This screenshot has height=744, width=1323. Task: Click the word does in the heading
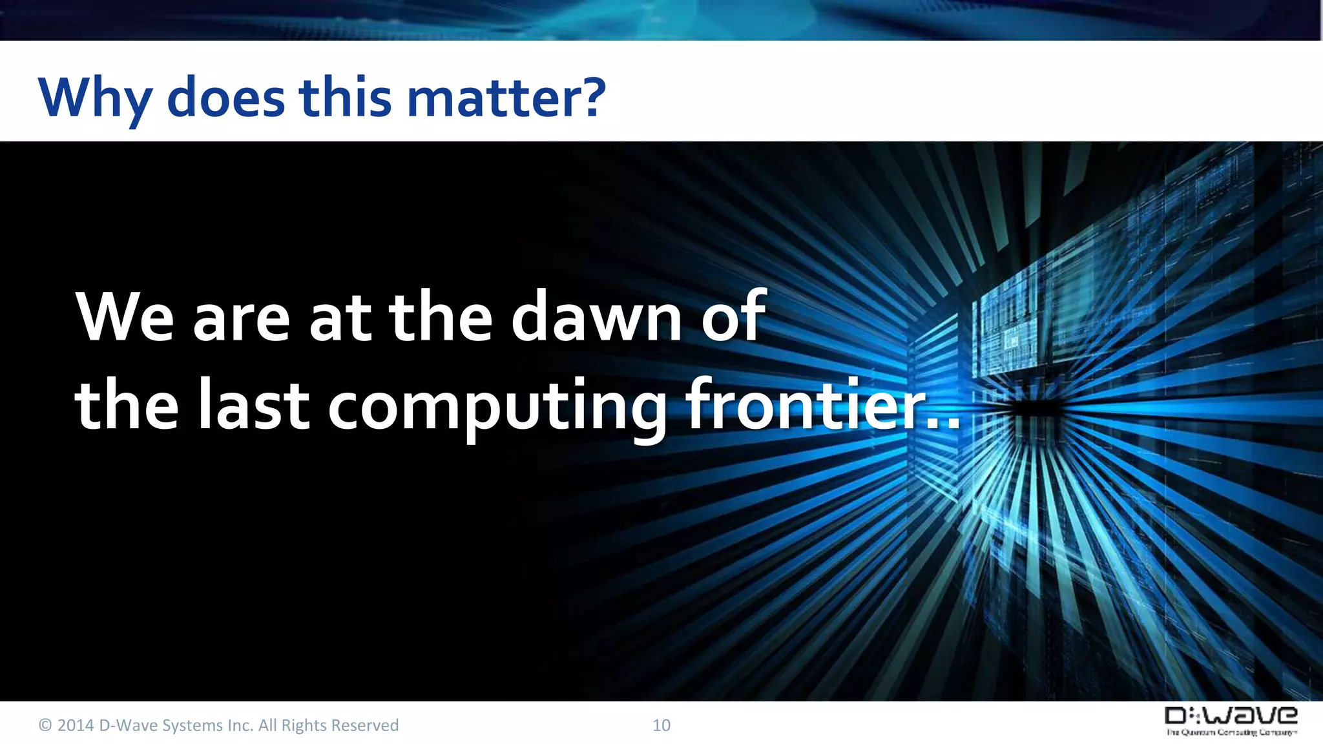(226, 98)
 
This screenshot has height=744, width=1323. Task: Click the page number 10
(661, 725)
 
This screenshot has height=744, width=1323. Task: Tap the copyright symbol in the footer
(45, 725)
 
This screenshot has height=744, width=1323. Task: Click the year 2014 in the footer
(76, 725)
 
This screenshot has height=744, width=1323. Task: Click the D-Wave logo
(1231, 716)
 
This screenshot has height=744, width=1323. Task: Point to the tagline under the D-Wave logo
(1231, 732)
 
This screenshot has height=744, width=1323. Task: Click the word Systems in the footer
(192, 725)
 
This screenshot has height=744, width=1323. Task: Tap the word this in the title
(345, 98)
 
